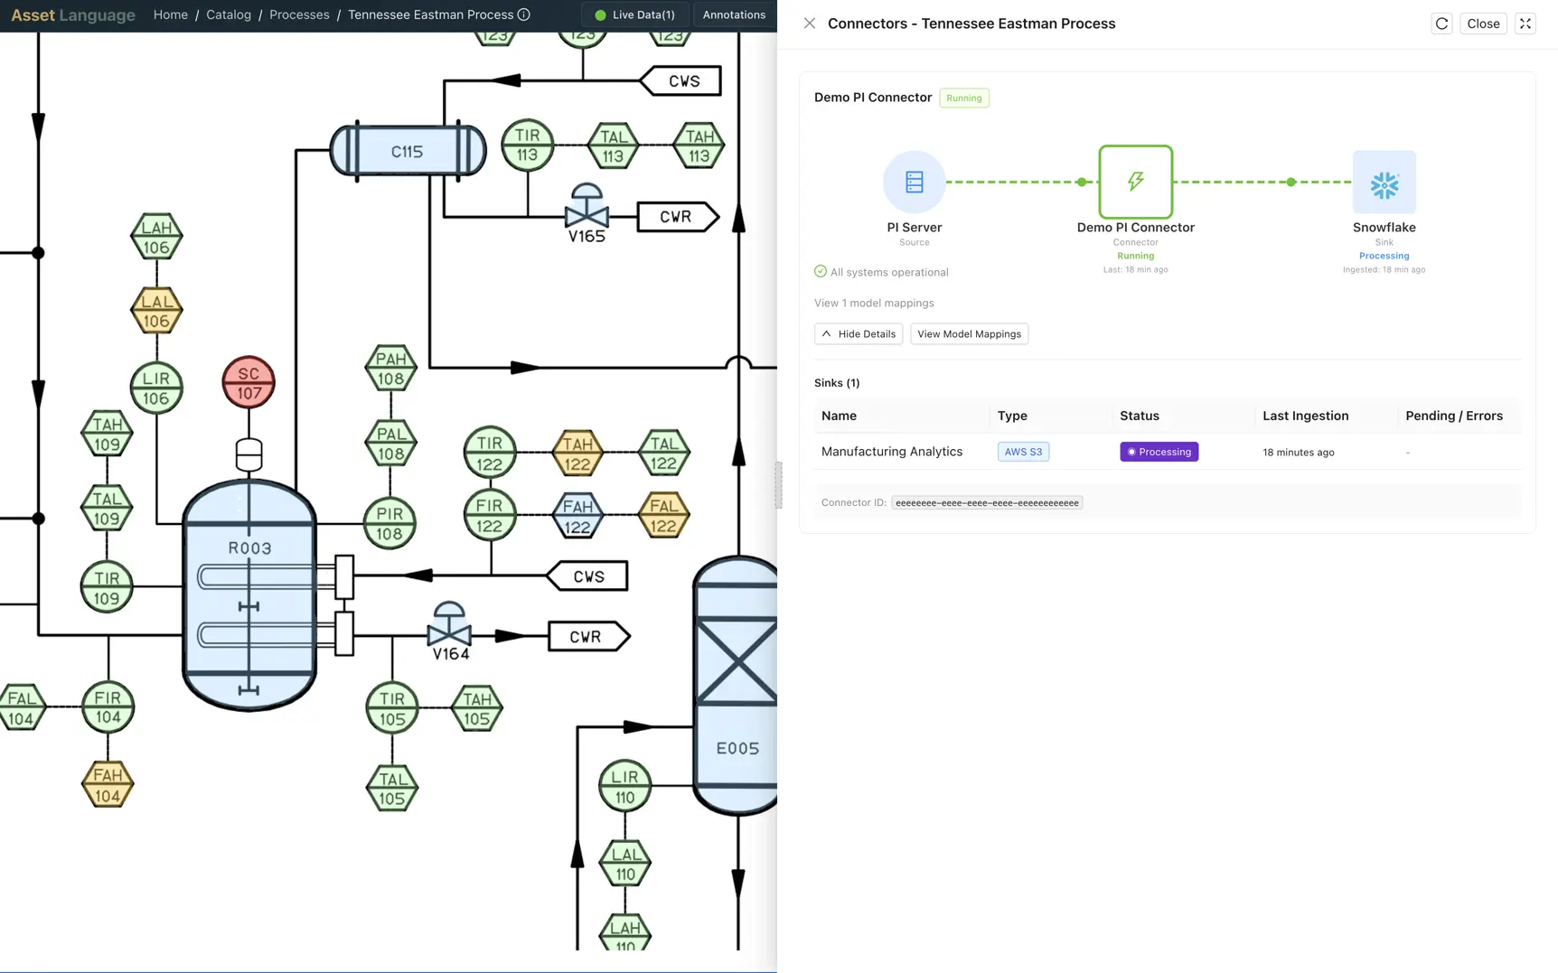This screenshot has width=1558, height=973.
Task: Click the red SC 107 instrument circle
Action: click(249, 382)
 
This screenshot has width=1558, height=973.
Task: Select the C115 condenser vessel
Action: click(408, 151)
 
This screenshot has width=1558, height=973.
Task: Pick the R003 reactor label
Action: click(249, 547)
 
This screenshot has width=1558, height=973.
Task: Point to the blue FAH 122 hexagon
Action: click(577, 515)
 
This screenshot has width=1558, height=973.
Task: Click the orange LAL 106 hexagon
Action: click(156, 310)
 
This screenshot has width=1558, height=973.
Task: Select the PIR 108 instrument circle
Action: click(389, 523)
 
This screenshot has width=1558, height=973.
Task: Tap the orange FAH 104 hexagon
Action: click(108, 784)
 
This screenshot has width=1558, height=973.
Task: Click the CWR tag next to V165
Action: click(676, 217)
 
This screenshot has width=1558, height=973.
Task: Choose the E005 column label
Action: click(737, 748)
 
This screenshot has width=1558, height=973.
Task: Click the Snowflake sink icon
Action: click(1384, 182)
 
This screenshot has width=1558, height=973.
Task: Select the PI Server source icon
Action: click(914, 182)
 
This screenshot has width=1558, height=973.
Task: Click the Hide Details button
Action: click(858, 334)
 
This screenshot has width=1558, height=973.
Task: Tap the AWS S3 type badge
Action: click(1023, 452)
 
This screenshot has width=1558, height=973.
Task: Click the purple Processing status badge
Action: click(1159, 452)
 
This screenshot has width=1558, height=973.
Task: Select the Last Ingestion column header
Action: click(1305, 416)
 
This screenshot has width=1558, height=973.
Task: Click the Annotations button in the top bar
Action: click(733, 14)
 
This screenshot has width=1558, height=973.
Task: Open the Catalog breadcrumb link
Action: click(229, 14)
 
